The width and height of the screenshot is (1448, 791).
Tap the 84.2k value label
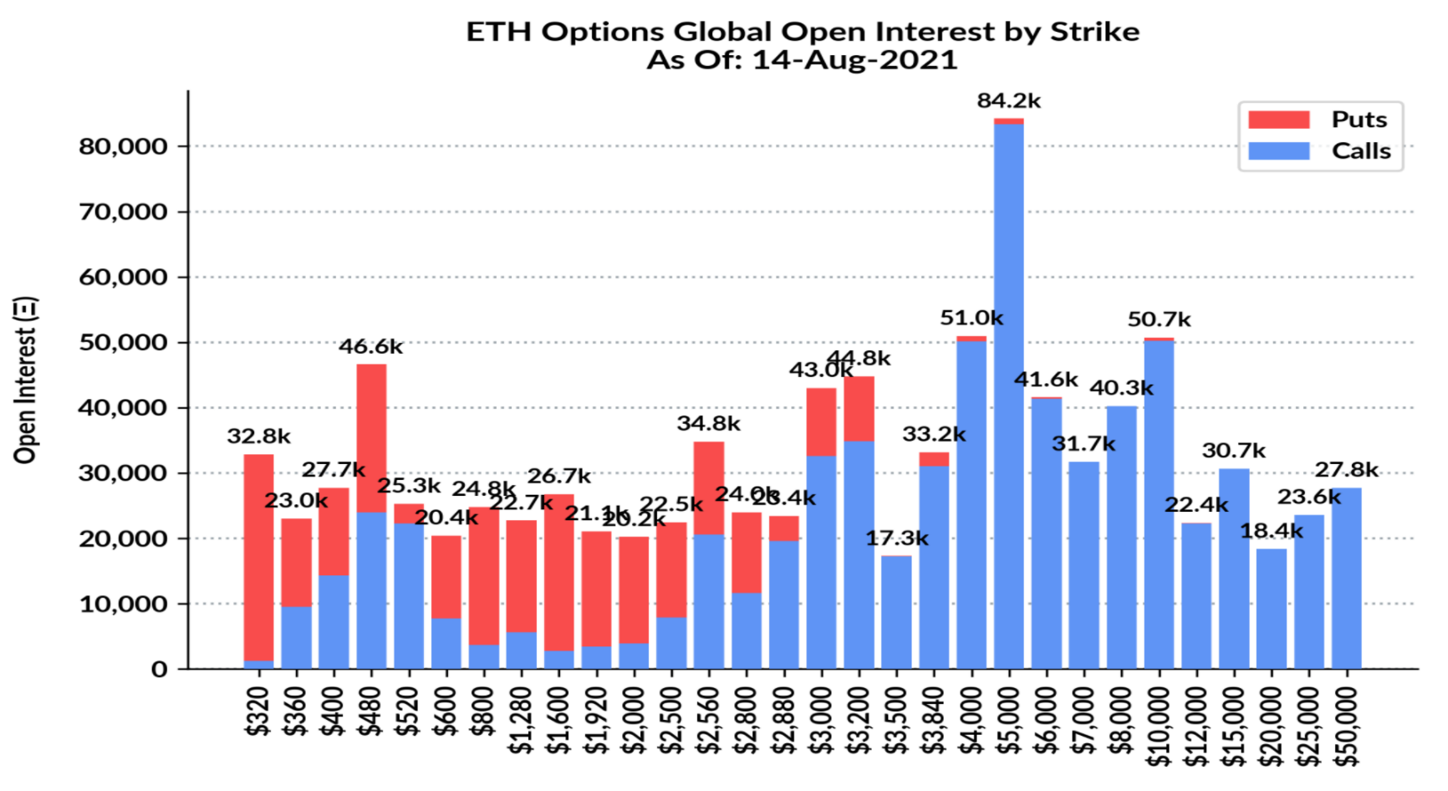(x=1008, y=101)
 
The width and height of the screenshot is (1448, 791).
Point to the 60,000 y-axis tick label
(x=123, y=277)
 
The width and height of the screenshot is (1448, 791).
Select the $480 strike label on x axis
(x=370, y=711)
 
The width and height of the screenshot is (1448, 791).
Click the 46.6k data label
(x=370, y=346)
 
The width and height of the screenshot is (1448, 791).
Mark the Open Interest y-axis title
(x=26, y=380)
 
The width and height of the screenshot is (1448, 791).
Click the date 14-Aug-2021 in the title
(x=854, y=60)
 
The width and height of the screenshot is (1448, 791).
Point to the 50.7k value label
(x=1159, y=319)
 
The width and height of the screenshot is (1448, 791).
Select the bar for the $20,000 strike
(x=1271, y=609)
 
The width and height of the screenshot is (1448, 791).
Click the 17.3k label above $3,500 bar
(x=896, y=538)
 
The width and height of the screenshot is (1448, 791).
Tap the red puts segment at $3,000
(x=821, y=421)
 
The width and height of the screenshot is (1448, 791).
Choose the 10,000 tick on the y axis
(x=123, y=604)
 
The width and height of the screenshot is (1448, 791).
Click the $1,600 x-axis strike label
(x=558, y=719)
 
